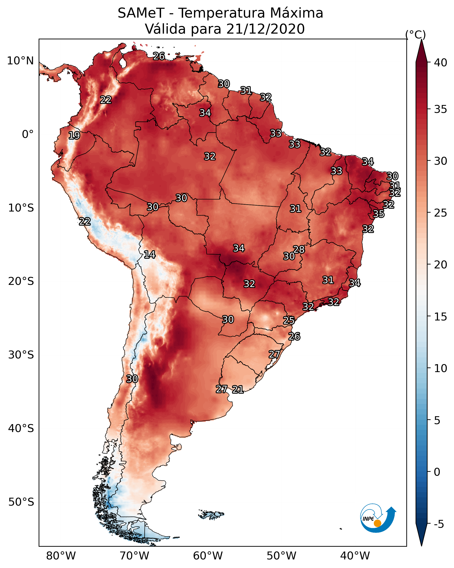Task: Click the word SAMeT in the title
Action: pos(141,13)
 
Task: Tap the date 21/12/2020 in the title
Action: pos(265,29)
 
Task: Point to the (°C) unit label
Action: pos(415,34)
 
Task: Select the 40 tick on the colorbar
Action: pos(441,63)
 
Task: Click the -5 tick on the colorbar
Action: pos(439,524)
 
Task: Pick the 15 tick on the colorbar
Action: pos(441,317)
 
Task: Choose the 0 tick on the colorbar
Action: pos(437,472)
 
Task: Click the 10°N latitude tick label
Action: pos(20,61)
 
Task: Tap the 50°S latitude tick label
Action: pos(21,502)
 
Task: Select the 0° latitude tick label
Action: pos(28,134)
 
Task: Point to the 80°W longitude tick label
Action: pos(61,556)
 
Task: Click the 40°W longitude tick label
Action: pos(355,556)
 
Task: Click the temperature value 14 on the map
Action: pos(150,255)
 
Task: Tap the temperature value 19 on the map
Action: pos(74,136)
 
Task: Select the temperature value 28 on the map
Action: pos(299,249)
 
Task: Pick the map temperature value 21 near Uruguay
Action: pos(238,389)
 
